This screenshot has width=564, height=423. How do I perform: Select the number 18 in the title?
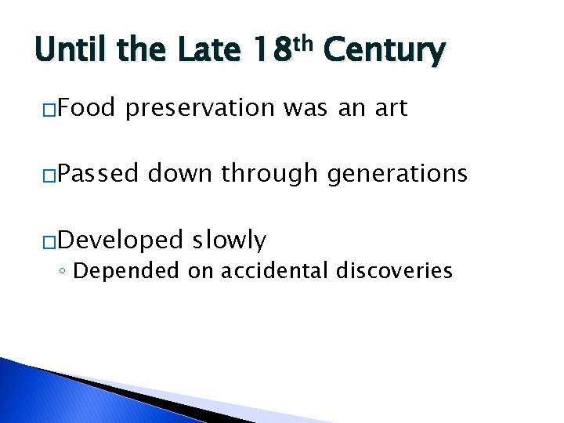(x=271, y=52)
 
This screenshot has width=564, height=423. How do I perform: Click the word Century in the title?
(x=384, y=52)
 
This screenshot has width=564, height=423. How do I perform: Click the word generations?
(x=397, y=173)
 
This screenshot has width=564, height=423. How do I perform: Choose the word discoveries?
(x=396, y=271)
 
